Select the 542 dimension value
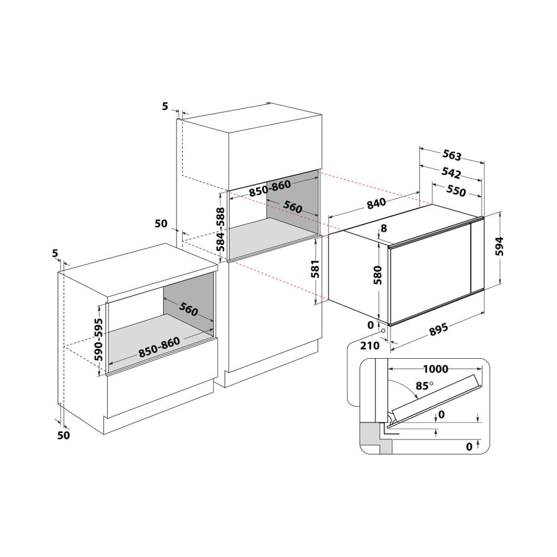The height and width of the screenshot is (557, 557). coord(451,172)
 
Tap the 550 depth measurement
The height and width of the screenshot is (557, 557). coord(456,190)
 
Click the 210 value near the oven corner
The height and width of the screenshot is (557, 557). coord(370,345)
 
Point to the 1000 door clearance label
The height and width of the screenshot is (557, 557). coord(436,369)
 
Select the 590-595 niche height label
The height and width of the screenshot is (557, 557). coord(99,340)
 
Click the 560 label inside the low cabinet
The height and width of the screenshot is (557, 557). coord(188,310)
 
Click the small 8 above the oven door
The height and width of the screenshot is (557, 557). coord(383,228)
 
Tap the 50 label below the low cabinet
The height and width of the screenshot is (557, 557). coord(64,436)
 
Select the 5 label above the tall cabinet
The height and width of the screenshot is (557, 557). coord(165,106)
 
